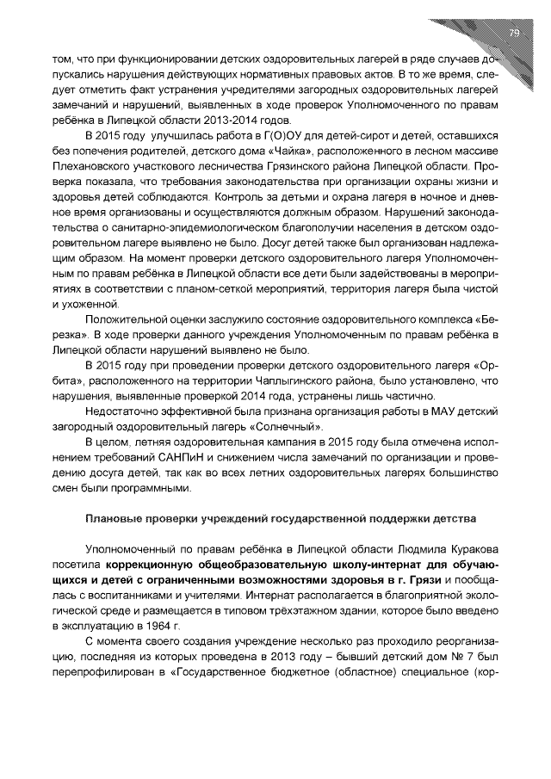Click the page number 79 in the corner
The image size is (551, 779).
(514, 34)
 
